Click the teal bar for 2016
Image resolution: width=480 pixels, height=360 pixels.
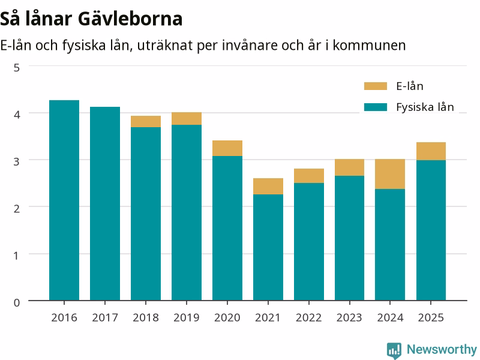pos(64,200)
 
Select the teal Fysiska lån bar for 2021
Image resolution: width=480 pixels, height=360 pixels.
pos(268,247)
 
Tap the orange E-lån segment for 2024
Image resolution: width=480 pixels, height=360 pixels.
pos(390,174)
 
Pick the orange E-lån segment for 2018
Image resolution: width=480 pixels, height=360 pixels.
pos(146,121)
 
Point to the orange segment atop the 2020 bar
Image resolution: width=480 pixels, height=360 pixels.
pos(227,148)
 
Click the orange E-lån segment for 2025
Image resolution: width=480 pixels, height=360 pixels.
pos(431,151)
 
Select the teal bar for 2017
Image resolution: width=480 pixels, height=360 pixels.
pos(105,203)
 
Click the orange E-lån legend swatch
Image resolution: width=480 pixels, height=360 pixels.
pos(376,86)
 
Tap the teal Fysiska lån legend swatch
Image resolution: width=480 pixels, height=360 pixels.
pos(376,107)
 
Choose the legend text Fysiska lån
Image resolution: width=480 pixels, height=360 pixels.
pos(425,107)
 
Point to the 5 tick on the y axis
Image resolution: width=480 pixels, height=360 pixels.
pos(17,68)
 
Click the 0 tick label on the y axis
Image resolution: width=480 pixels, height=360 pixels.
pos(17,302)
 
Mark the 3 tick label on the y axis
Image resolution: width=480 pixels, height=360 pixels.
pos(17,161)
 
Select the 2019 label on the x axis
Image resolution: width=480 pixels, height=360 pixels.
pos(187,317)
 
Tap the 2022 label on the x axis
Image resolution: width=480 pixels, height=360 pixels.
pos(308,317)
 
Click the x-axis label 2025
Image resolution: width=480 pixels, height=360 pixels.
pos(431,317)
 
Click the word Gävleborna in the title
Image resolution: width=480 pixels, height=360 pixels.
pos(130,19)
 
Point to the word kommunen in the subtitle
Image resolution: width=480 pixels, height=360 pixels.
pos(369,46)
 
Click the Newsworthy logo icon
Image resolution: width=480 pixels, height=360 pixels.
pos(394,350)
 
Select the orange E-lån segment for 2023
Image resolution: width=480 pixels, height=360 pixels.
pos(350,167)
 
